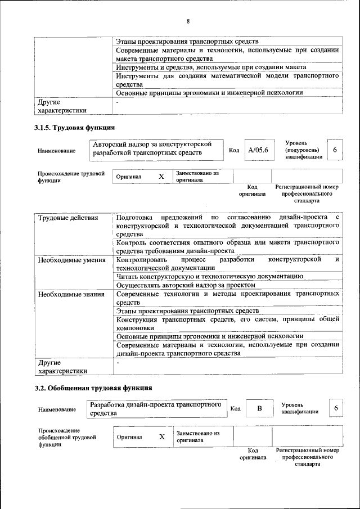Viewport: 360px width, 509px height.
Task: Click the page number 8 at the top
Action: (188, 21)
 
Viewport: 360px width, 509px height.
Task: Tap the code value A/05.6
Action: (259, 150)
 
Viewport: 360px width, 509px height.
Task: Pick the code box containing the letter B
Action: (259, 408)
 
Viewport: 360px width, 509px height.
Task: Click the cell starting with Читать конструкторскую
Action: (210, 276)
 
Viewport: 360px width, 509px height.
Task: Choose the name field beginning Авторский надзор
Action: (156, 148)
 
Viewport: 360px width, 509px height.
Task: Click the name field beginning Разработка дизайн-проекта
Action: (156, 409)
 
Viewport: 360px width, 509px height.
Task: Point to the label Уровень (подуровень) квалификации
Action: (304, 150)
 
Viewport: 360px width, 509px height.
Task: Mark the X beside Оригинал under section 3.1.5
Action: (161, 177)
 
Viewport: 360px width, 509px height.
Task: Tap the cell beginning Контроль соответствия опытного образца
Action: (227, 246)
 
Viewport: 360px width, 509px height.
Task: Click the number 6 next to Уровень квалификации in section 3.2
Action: (335, 408)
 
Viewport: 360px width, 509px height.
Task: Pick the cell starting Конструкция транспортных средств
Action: (227, 323)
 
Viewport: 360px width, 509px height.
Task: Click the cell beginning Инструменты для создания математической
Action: (227, 80)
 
